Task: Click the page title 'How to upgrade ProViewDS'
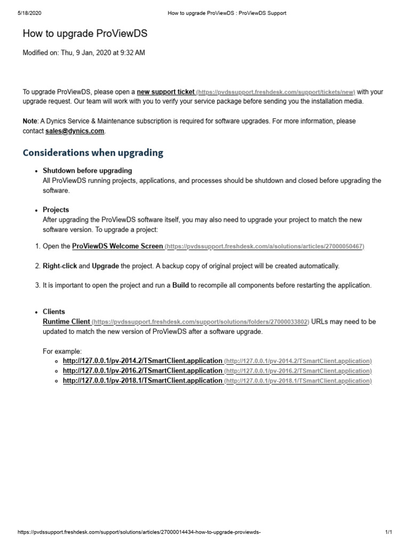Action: pos(85,34)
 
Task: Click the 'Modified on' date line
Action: pos(83,53)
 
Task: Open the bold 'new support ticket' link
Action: pos(165,92)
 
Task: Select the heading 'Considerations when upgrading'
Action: pos(93,153)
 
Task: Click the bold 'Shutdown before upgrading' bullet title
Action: pos(87,171)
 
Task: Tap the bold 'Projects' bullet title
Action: pos(56,210)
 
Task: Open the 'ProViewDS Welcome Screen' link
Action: pos(117,246)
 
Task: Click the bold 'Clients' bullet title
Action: pos(53,311)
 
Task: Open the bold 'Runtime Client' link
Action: pos(66,322)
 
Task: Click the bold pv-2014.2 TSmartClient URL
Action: pos(142,360)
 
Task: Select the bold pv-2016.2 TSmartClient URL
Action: pos(142,371)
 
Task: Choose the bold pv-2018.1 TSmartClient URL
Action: pos(142,381)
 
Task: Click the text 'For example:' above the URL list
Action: pos(62,351)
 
